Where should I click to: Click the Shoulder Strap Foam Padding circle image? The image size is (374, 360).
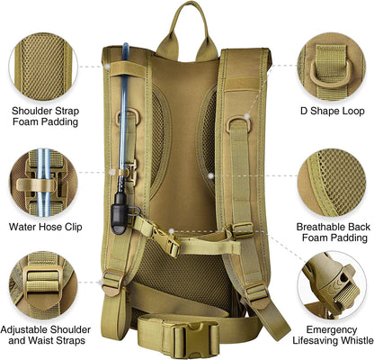pyautogui.click(x=42, y=58)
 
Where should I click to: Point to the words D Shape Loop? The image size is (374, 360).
pyautogui.click(x=332, y=112)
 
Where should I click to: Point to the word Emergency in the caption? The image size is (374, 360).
pyautogui.click(x=328, y=329)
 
